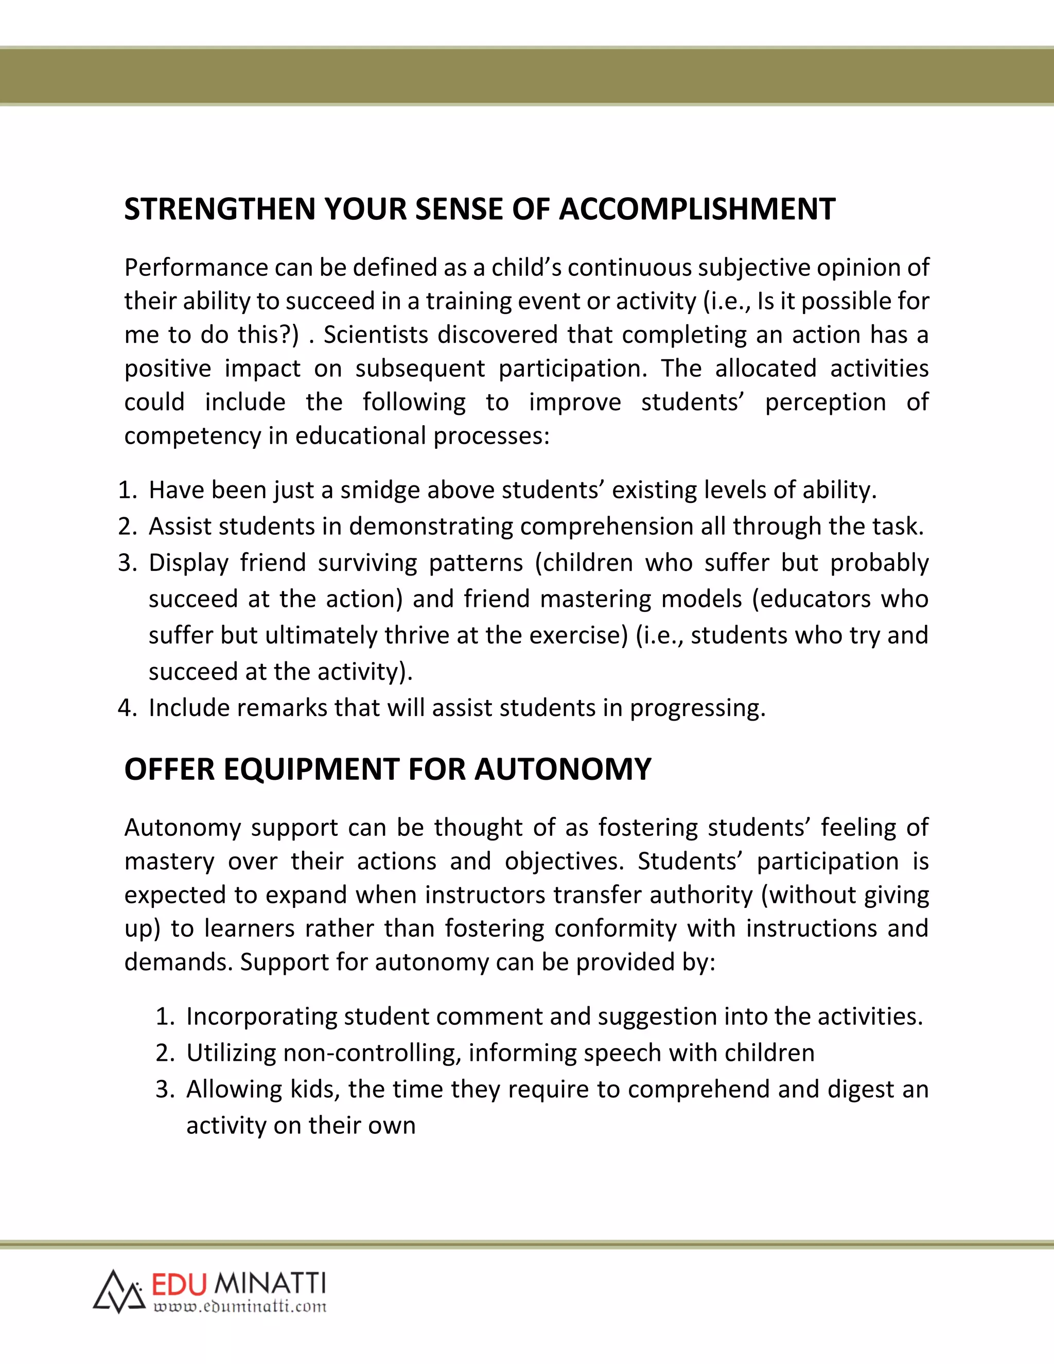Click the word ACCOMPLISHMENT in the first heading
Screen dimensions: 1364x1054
[696, 209]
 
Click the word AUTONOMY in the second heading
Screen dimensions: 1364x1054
[563, 769]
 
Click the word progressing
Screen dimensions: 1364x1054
[697, 708]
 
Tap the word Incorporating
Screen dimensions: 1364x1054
[261, 1017]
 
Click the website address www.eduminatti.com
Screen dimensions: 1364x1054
[240, 1306]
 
